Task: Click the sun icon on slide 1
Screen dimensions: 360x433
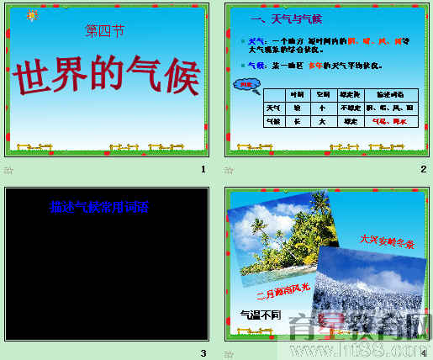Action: coord(33,16)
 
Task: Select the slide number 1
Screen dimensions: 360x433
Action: coord(203,169)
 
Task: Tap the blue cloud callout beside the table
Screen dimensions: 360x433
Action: coord(245,83)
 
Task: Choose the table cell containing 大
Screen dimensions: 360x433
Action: coord(322,121)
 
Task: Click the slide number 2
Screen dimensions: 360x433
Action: coord(424,169)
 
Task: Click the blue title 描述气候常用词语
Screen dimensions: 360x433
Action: coord(98,206)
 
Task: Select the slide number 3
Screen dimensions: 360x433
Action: coord(203,352)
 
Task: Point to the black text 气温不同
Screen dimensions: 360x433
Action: coord(257,315)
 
